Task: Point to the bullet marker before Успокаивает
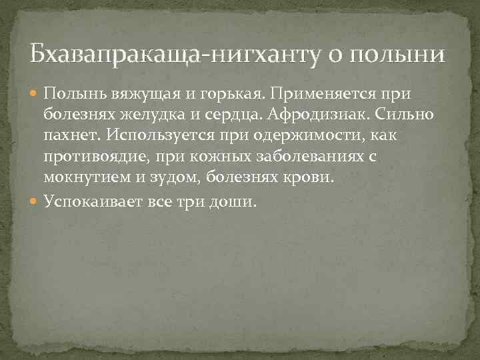35,201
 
